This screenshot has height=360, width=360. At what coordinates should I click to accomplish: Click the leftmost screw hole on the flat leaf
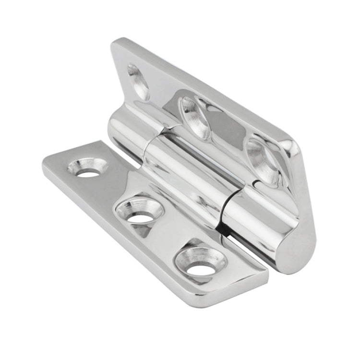pyautogui.click(x=88, y=168)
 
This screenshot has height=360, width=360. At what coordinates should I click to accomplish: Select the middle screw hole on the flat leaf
pyautogui.click(x=140, y=212)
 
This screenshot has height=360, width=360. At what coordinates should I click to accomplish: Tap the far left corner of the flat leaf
pyautogui.click(x=46, y=161)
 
